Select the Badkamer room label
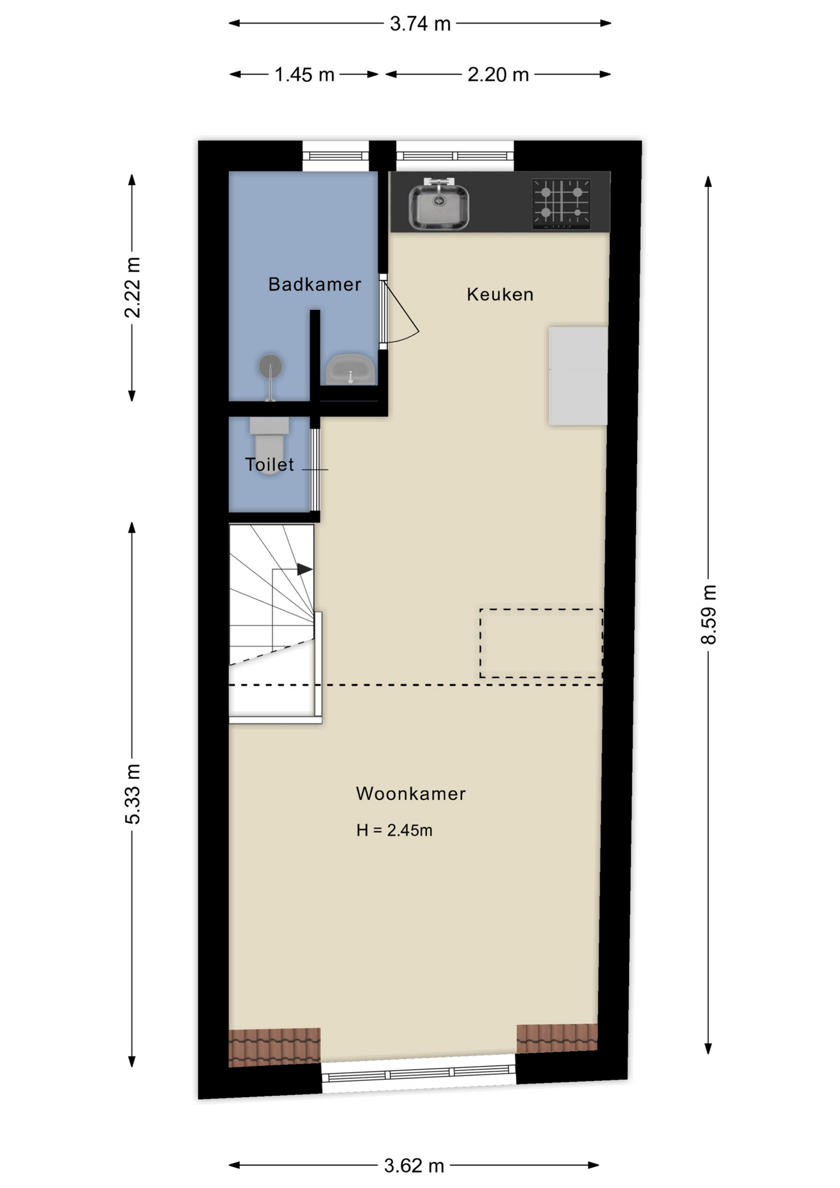314,285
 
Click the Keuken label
500,295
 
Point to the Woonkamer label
410,794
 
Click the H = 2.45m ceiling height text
394,830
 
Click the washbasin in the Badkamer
350,370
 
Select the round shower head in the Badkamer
270,366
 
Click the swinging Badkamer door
399,312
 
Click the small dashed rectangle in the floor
541,643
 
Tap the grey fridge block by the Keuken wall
578,376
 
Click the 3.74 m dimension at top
419,24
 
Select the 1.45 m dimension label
304,75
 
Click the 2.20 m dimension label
497,75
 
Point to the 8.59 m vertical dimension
708,614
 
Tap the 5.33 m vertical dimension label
132,793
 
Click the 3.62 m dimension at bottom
414,1166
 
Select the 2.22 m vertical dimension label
132,288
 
